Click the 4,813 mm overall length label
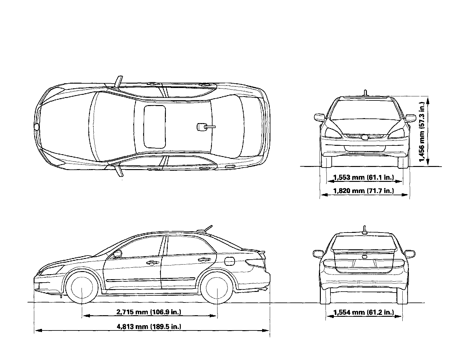[x=149, y=326]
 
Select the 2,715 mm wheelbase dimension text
[x=149, y=312]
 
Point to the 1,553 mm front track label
[x=363, y=178]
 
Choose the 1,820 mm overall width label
[x=363, y=191]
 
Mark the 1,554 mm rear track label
[x=363, y=312]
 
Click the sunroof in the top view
[x=154, y=127]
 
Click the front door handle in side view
[x=152, y=263]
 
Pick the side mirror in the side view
[x=118, y=254]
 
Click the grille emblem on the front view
[x=364, y=137]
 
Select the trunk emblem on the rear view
[x=364, y=257]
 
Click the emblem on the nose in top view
[x=37, y=127]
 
